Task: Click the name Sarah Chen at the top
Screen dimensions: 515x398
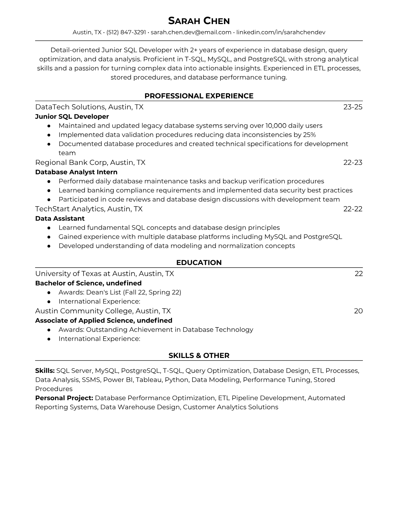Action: [x=199, y=21]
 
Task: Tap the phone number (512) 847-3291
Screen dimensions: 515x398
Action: [x=126, y=32]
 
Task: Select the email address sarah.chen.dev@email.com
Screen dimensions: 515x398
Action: [x=191, y=32]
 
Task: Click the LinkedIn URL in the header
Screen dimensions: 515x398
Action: [x=281, y=32]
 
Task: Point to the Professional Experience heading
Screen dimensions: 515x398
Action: [x=199, y=96]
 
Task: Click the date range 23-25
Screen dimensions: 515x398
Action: [x=353, y=107]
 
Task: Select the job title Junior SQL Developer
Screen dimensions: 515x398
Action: [x=72, y=116]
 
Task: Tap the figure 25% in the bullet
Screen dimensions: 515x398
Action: [x=309, y=135]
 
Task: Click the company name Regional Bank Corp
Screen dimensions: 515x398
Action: [x=72, y=163]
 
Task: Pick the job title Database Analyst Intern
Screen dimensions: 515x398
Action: [x=76, y=172]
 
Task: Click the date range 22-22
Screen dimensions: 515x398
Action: [x=353, y=209]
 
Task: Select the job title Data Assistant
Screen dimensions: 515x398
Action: [x=60, y=218]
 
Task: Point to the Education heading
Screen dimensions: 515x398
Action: [x=199, y=263]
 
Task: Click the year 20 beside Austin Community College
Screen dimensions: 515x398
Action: [x=358, y=311]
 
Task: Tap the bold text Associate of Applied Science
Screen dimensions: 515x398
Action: [x=84, y=321]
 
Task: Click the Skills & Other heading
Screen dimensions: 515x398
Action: [x=199, y=356]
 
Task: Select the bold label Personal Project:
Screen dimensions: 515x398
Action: [x=64, y=398]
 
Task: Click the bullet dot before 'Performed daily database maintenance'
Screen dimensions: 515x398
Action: [x=49, y=181]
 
